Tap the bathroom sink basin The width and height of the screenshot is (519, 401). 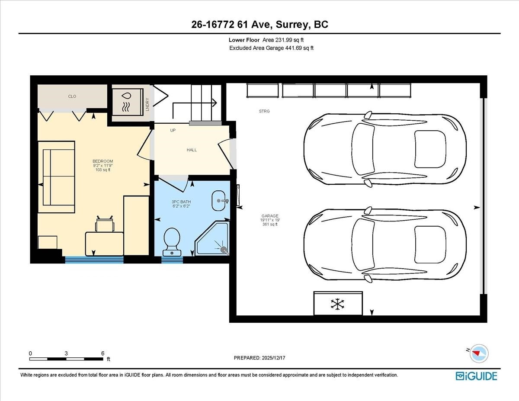[219, 201]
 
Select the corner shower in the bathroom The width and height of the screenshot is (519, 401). [213, 239]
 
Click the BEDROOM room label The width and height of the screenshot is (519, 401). [103, 161]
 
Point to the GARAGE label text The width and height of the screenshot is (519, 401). [269, 216]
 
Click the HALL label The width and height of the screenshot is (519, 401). [192, 150]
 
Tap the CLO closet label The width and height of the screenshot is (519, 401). [72, 96]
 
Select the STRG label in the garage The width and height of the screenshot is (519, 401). [264, 112]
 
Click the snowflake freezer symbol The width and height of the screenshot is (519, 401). [337, 304]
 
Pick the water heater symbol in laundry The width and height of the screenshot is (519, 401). [127, 102]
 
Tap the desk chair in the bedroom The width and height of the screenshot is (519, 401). [105, 225]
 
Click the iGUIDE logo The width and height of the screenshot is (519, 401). [476, 376]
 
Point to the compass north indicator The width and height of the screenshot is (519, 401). [477, 353]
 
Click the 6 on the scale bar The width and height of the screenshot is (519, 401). [103, 353]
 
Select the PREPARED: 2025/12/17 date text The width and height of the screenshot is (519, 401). [259, 358]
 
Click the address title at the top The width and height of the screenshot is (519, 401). [259, 25]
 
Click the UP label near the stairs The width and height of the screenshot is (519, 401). [173, 130]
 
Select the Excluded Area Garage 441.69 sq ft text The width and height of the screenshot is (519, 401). [271, 48]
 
